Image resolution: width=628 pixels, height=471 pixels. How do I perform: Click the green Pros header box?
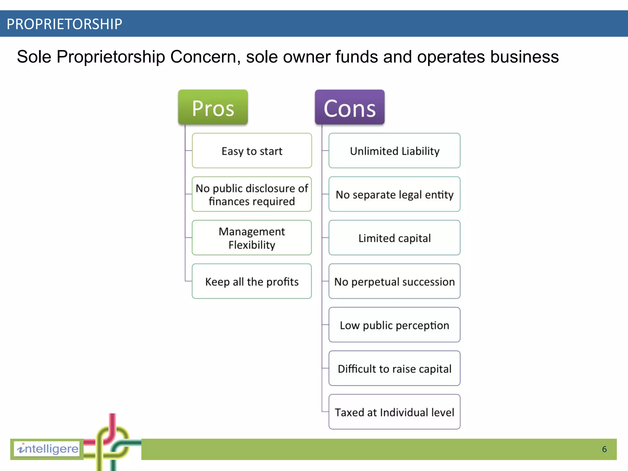pyautogui.click(x=213, y=107)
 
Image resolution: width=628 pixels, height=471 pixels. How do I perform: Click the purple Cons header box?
pyautogui.click(x=350, y=107)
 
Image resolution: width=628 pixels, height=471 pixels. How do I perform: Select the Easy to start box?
pyautogui.click(x=252, y=151)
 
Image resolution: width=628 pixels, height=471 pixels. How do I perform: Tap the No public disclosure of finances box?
pyautogui.click(x=252, y=194)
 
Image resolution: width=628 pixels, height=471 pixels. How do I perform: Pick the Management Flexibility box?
pyautogui.click(x=252, y=238)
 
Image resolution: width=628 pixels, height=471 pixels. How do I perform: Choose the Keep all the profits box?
pyautogui.click(x=252, y=281)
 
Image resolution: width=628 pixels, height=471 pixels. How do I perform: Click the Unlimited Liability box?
pyautogui.click(x=394, y=151)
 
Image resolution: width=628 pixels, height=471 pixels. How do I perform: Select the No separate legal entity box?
pyautogui.click(x=394, y=194)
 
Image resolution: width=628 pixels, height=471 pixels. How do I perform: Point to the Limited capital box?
pyautogui.click(x=394, y=238)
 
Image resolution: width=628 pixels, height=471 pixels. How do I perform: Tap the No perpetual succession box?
pyautogui.click(x=394, y=281)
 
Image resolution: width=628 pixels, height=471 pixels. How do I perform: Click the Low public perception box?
pyautogui.click(x=394, y=325)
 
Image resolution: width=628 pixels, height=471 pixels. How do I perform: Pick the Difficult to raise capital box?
pyautogui.click(x=394, y=369)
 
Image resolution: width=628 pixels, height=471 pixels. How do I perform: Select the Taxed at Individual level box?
pyautogui.click(x=394, y=412)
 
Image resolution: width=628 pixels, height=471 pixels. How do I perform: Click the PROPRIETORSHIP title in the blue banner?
pyautogui.click(x=64, y=24)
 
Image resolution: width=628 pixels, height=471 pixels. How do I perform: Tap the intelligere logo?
pyautogui.click(x=48, y=449)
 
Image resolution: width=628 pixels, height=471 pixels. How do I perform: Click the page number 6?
pyautogui.click(x=604, y=449)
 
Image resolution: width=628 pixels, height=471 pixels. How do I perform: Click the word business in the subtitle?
pyautogui.click(x=524, y=57)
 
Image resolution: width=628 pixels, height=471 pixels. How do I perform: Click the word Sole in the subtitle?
pyautogui.click(x=34, y=57)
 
